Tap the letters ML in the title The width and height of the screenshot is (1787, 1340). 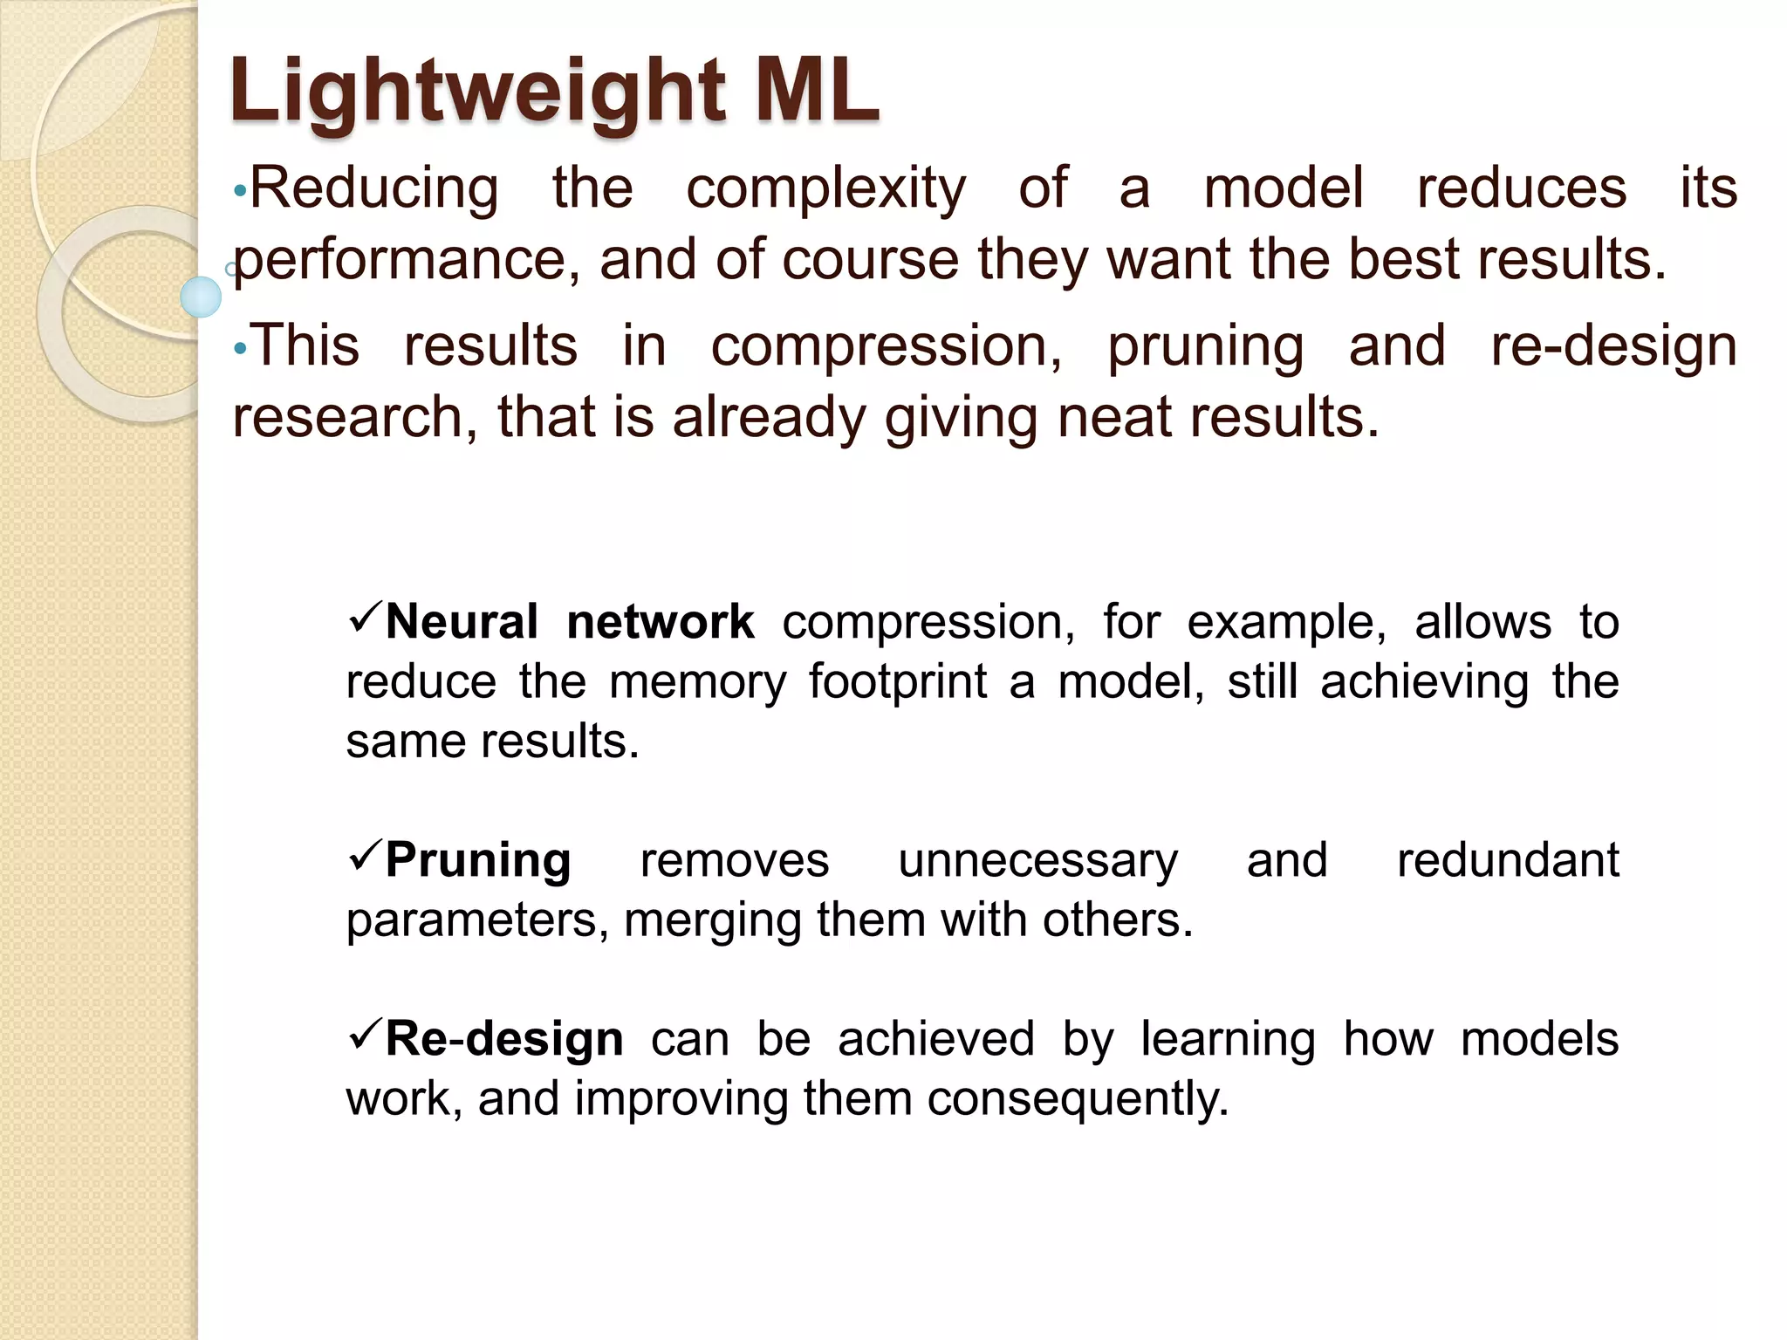tap(816, 91)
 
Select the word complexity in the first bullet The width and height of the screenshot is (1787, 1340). tap(825, 189)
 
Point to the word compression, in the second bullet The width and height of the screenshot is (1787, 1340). tap(886, 346)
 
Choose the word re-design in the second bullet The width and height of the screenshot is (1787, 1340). tap(1613, 346)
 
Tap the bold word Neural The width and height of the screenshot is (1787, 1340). tap(462, 622)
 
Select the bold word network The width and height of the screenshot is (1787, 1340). tap(660, 622)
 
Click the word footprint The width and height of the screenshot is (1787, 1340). tap(898, 681)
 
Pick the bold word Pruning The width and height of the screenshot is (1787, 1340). tap(478, 860)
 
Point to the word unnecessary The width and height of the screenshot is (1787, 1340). tap(1037, 860)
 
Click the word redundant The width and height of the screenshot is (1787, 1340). tap(1508, 860)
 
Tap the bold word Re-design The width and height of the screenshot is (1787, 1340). tap(504, 1039)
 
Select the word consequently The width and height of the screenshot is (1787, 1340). tap(1077, 1098)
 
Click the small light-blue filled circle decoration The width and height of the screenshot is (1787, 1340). tap(201, 297)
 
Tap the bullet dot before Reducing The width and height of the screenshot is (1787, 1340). tap(241, 192)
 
